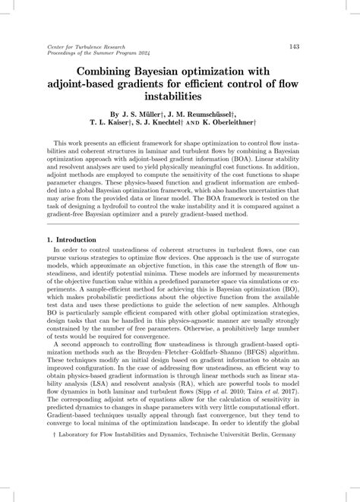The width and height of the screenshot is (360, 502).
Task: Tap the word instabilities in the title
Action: click(180, 101)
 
